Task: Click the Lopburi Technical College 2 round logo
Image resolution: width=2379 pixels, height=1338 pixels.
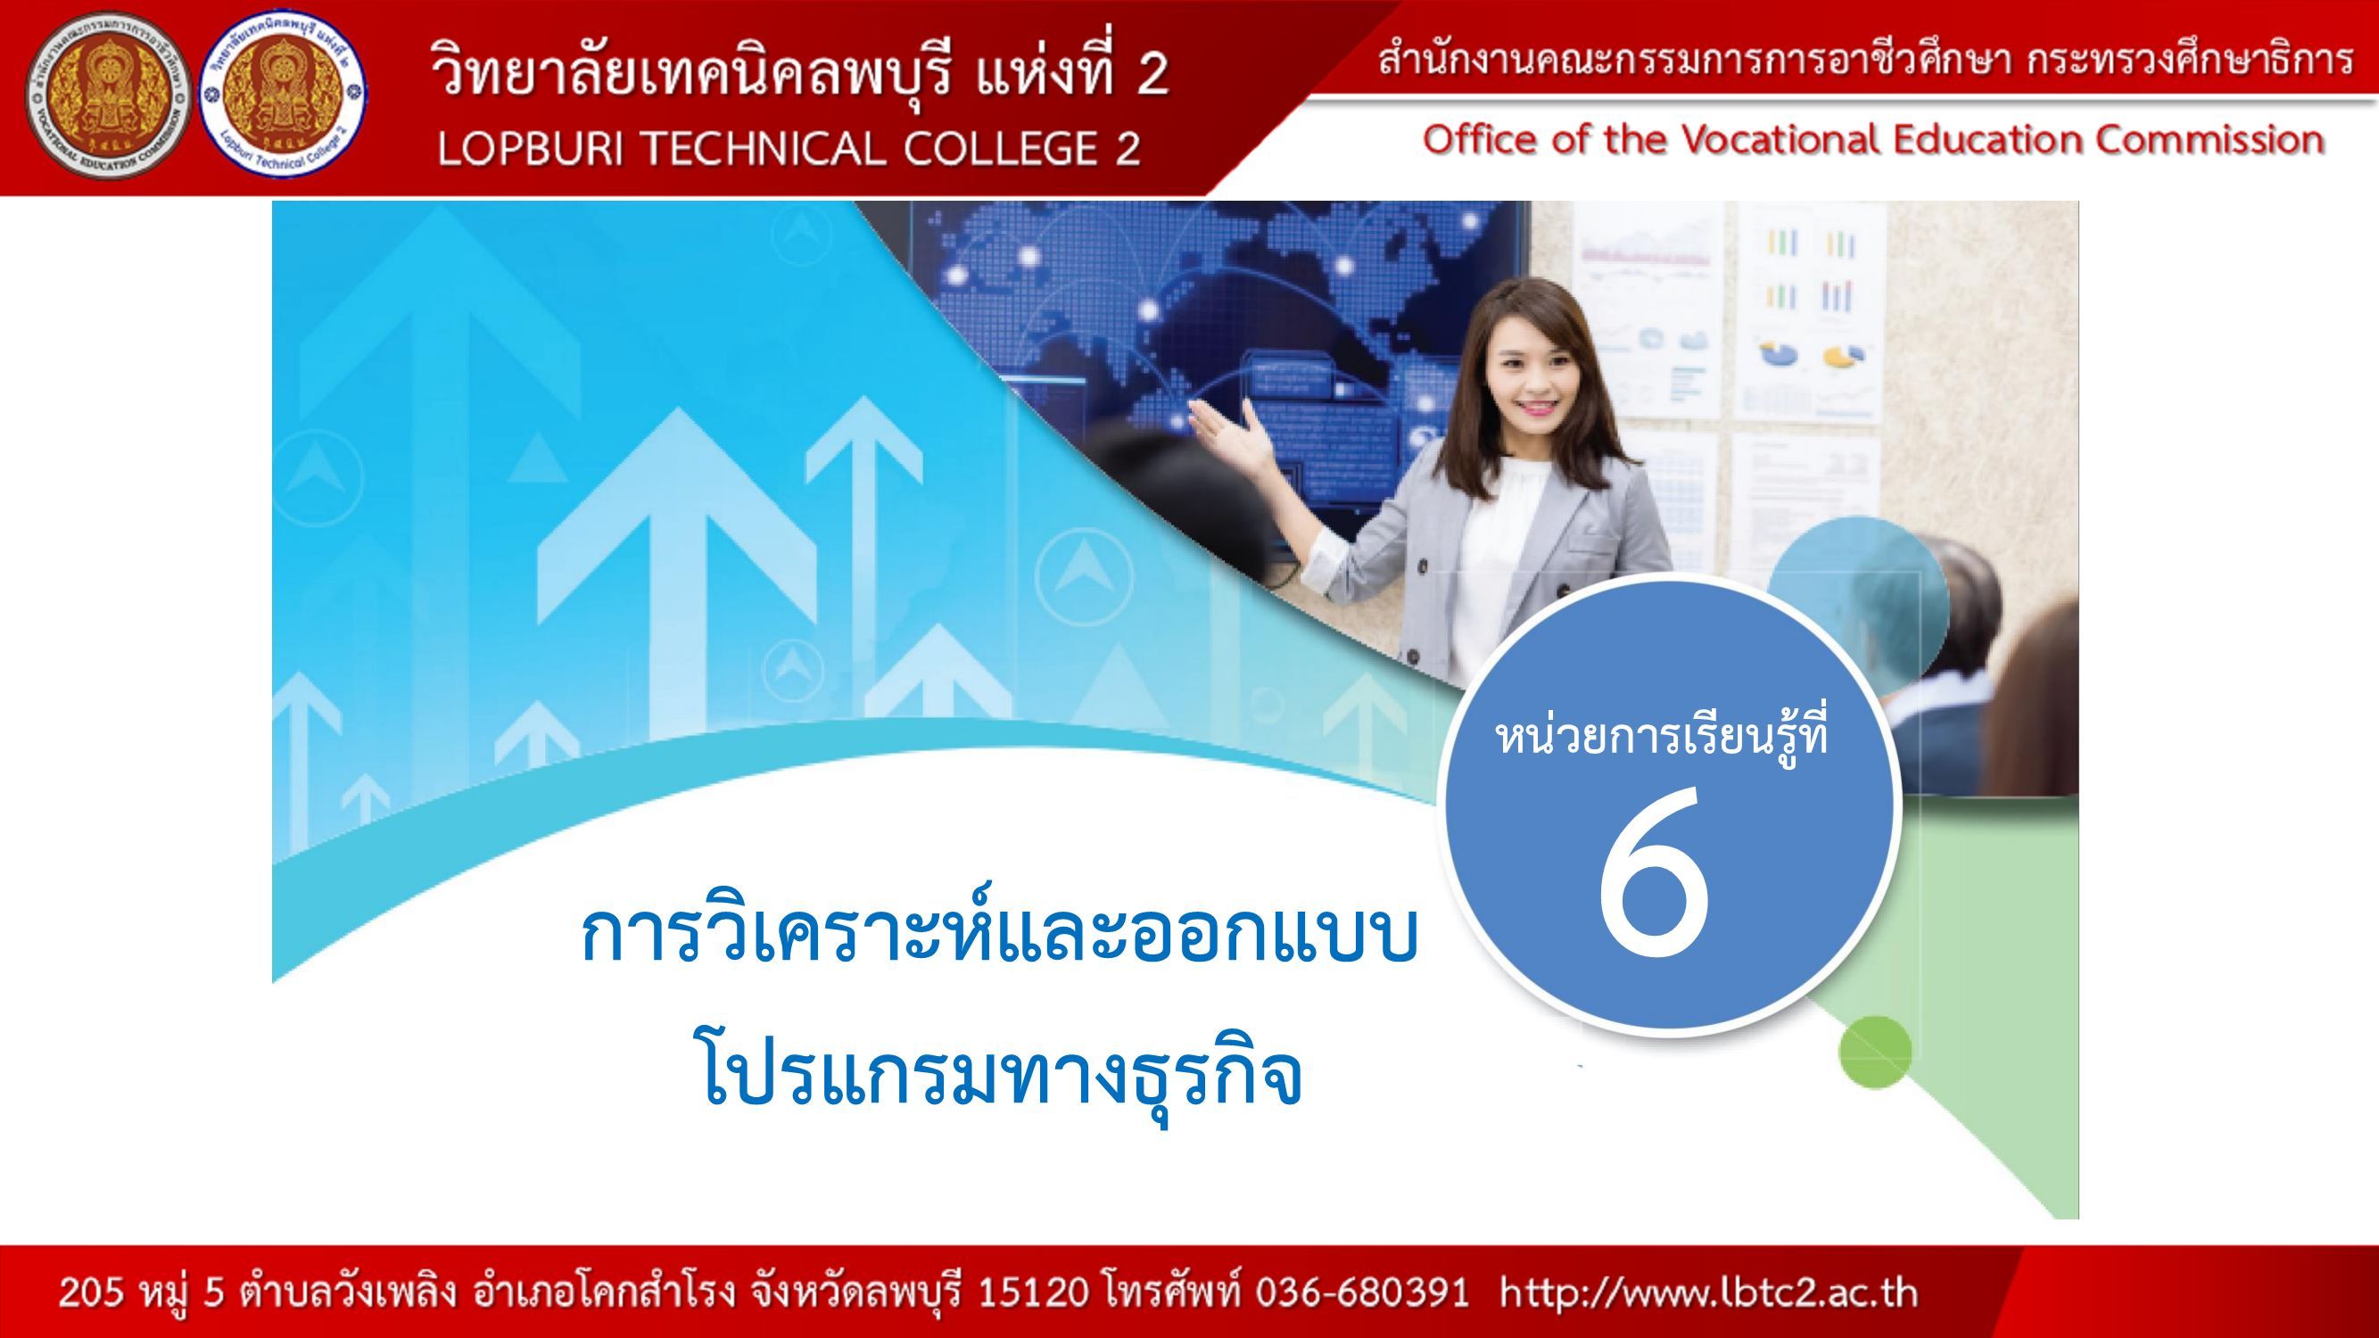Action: [x=284, y=98]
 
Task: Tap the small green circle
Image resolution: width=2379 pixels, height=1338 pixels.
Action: [x=1875, y=1052]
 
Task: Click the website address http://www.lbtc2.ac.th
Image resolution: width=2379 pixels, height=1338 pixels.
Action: [x=1708, y=1293]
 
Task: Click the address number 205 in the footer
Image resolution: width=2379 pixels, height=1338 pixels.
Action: [x=89, y=1293]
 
